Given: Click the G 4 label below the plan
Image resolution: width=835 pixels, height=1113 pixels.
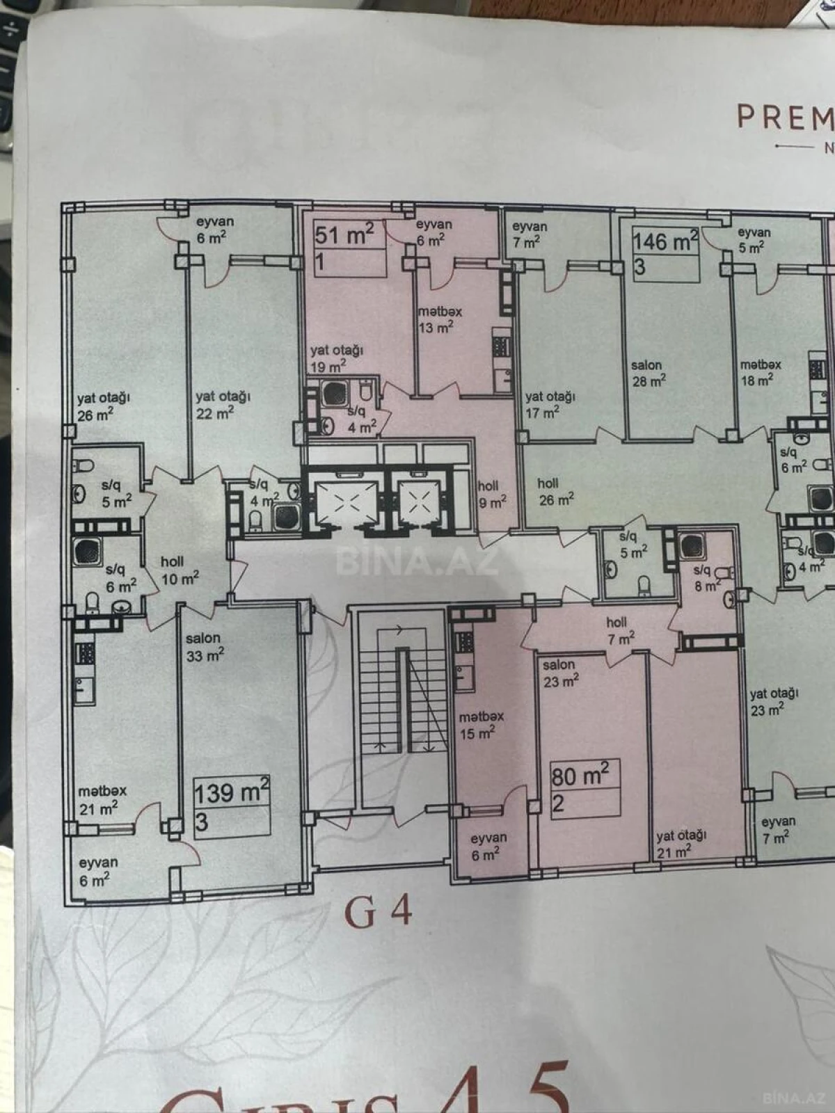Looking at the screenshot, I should coord(379,913).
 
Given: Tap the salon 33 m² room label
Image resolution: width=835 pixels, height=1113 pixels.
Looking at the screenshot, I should coord(205,646).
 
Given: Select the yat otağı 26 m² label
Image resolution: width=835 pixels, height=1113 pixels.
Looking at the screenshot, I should coord(103,406).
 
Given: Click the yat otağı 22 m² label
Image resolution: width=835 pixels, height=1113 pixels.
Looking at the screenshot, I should coord(222,404).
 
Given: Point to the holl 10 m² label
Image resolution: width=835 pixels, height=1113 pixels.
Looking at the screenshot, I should coord(180,570).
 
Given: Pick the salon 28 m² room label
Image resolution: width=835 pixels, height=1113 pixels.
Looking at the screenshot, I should coord(648,372).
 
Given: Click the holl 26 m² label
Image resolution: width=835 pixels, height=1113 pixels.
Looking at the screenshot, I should coord(555,491).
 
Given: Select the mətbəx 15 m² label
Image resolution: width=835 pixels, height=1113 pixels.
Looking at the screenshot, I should coord(481,724).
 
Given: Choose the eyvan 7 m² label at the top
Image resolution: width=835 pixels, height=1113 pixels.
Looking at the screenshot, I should coord(530,234).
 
